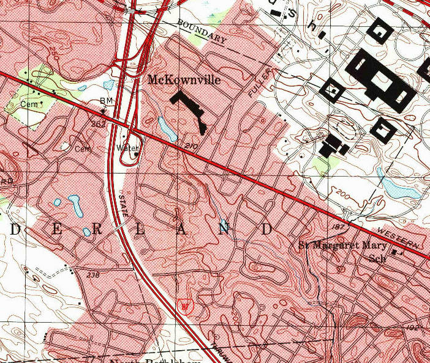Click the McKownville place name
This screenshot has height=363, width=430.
click(183, 80)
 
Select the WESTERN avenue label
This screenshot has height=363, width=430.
click(398, 236)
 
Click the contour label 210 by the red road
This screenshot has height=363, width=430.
click(191, 146)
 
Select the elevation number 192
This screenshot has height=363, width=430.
click(412, 328)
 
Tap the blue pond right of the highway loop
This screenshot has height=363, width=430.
click(165, 127)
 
